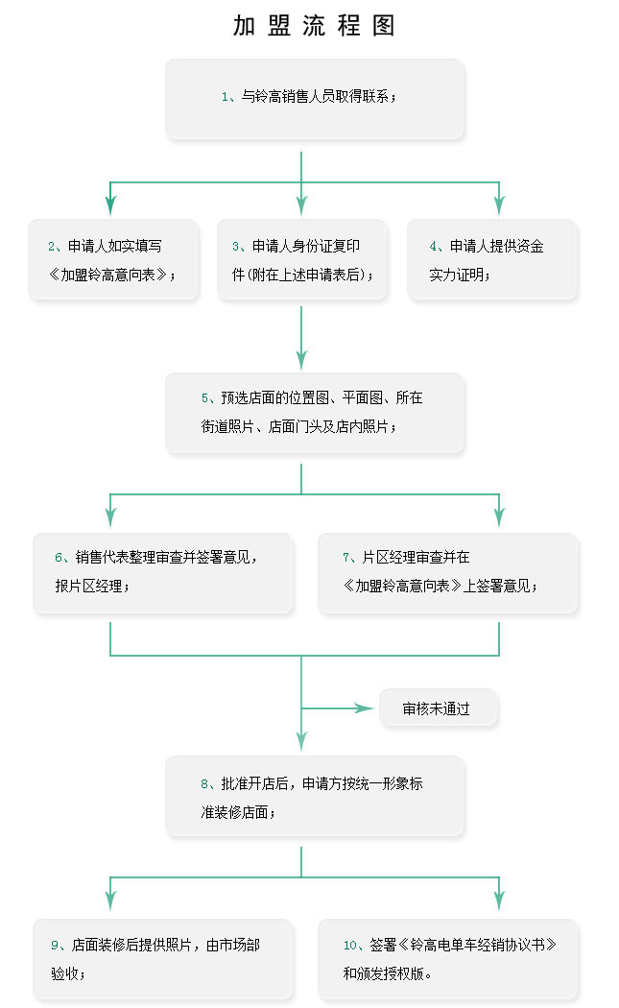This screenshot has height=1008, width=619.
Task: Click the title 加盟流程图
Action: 314,26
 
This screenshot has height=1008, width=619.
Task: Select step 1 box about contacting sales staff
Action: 315,99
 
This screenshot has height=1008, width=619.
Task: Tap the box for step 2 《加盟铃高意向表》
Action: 113,259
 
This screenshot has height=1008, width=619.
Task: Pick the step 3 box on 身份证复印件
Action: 301,259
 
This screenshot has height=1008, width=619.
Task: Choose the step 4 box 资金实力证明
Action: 492,259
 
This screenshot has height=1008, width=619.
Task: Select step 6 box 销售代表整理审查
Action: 163,572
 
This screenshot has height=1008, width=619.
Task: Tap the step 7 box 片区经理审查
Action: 448,572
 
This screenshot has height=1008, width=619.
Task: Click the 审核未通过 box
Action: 438,708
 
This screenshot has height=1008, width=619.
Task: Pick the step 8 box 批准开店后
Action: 315,797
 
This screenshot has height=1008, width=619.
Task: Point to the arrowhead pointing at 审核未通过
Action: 365,708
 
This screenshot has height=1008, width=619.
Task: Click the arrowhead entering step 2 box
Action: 110,205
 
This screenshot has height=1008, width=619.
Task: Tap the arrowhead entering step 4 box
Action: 499,205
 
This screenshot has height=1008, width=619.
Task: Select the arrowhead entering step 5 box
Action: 301,359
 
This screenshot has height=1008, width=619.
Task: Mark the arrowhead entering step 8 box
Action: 301,740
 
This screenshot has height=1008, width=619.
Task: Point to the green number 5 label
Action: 205,398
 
